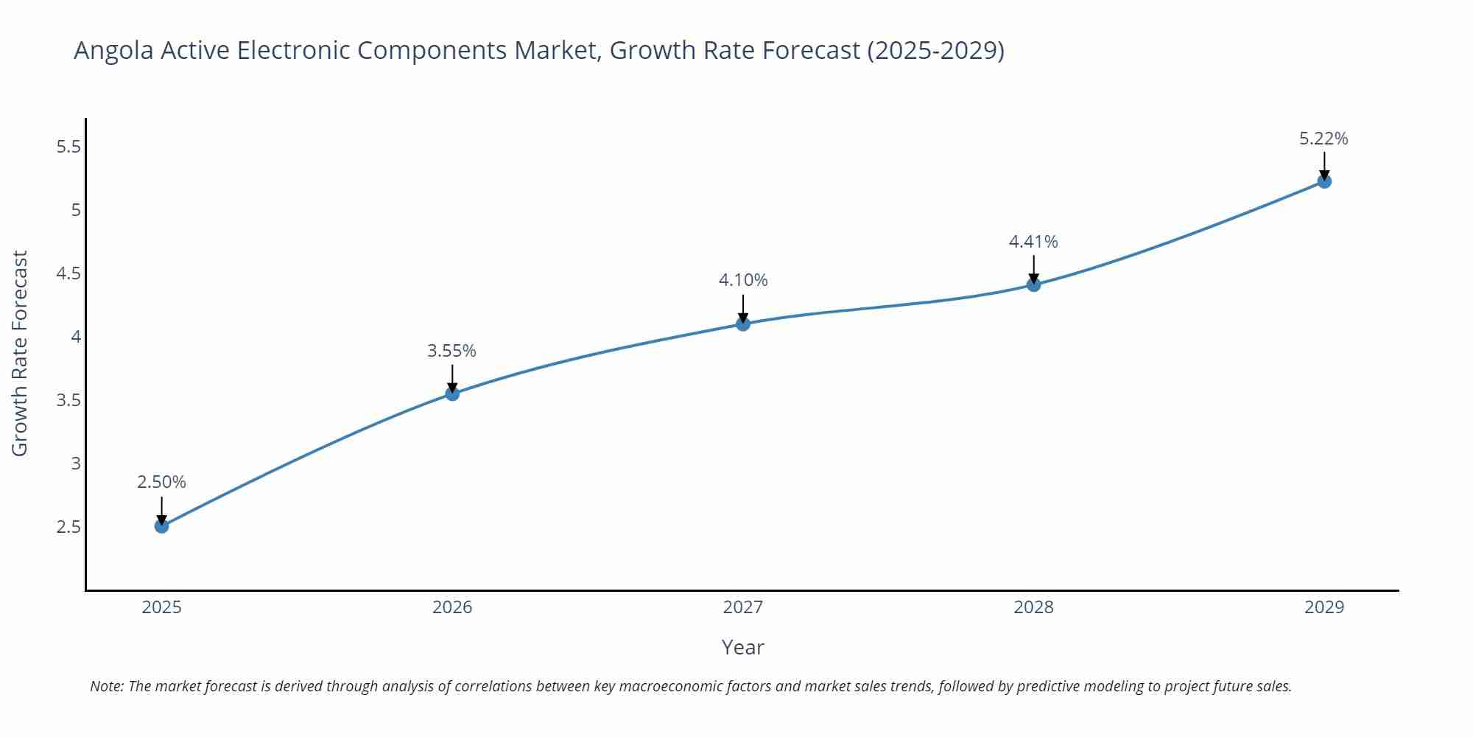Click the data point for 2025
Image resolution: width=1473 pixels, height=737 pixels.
click(162, 525)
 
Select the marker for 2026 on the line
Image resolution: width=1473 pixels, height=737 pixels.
click(452, 394)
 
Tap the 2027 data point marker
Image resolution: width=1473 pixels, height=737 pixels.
click(743, 324)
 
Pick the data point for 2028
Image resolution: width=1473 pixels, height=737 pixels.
click(1033, 284)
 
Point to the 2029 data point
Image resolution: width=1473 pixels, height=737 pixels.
click(1324, 181)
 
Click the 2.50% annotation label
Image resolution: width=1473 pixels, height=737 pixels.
click(162, 482)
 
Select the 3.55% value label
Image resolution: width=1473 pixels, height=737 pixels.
click(452, 351)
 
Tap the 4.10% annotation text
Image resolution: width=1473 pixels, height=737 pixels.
click(743, 280)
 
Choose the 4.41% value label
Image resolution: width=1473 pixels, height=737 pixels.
click(1033, 242)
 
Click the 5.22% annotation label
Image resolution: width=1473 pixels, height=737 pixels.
click(1323, 139)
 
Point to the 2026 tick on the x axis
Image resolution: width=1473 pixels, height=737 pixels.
click(452, 607)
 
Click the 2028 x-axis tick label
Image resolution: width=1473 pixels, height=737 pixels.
click(1033, 607)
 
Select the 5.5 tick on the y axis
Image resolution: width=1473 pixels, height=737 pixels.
click(68, 147)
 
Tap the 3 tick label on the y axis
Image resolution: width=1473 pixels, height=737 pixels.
click(76, 464)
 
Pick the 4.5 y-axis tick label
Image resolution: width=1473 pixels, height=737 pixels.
click(68, 273)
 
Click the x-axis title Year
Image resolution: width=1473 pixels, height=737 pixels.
click(742, 647)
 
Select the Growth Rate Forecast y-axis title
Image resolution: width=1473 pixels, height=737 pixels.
click(20, 353)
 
